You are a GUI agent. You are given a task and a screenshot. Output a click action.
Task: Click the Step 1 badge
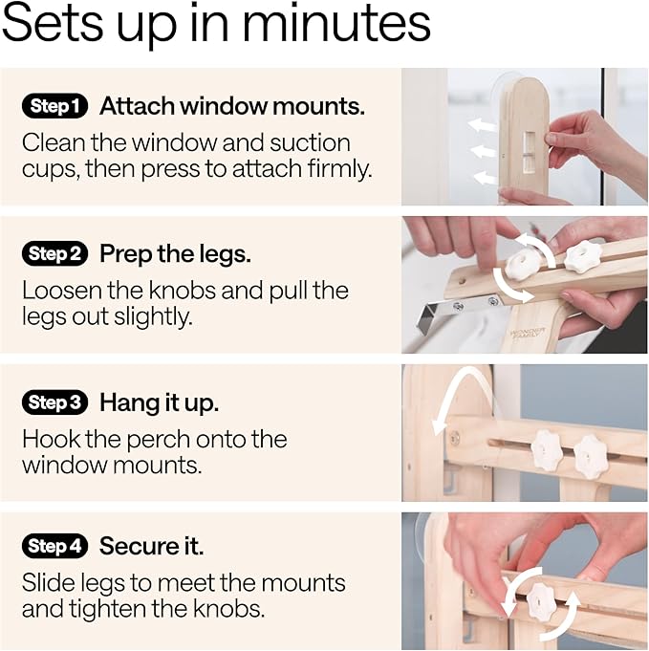pos(54,106)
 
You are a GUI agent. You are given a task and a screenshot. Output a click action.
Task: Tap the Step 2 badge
pos(54,254)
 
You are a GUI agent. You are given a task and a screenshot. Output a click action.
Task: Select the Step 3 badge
pos(54,402)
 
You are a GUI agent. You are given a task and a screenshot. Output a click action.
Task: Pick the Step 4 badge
pos(54,547)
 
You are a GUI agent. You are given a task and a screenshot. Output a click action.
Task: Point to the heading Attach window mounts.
pos(232,106)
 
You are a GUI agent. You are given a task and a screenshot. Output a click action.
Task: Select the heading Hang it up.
pos(159,402)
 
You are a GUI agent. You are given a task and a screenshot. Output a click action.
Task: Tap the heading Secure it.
pos(151,547)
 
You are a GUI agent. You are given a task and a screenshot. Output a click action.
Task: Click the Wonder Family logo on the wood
pos(528,336)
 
